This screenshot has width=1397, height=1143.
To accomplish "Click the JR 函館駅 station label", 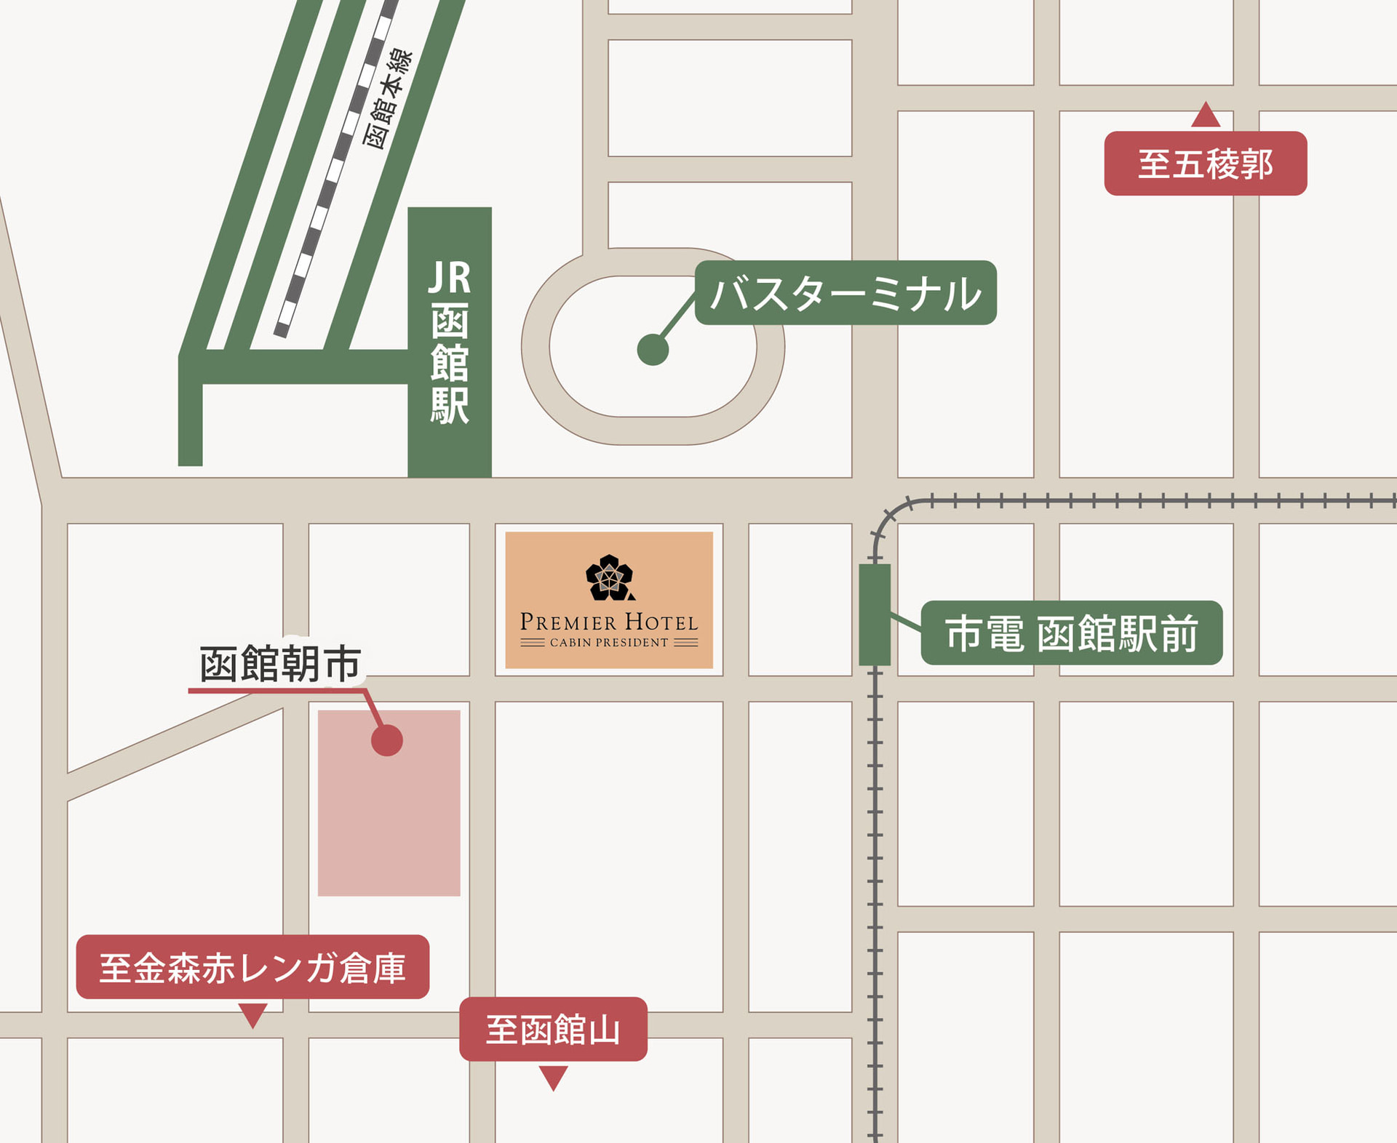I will pyautogui.click(x=450, y=342).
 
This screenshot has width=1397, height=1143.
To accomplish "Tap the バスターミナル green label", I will pyautogui.click(x=845, y=293).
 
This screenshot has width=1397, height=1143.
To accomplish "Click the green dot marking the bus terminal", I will pyautogui.click(x=653, y=350).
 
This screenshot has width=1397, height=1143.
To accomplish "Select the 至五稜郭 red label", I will pyautogui.click(x=1205, y=164).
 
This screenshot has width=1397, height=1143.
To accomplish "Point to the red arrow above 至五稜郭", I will pyautogui.click(x=1206, y=116).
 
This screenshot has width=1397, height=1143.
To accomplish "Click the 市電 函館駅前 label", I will pyautogui.click(x=1071, y=633).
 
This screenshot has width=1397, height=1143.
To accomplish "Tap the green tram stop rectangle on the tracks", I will pyautogui.click(x=875, y=614).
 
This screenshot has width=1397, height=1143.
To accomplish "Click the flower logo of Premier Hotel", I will pyautogui.click(x=610, y=578).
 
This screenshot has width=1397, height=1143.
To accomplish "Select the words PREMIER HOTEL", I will pyautogui.click(x=609, y=622).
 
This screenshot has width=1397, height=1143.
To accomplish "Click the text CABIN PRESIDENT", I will pyautogui.click(x=609, y=643).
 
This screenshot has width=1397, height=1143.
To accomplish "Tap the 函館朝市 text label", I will pyautogui.click(x=280, y=663).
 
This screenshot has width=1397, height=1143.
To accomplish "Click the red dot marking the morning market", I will pyautogui.click(x=386, y=740).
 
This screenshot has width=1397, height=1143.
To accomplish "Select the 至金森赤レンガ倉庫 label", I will pyautogui.click(x=252, y=967).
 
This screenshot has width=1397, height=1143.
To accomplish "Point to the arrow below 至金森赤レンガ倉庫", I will pyautogui.click(x=252, y=1014).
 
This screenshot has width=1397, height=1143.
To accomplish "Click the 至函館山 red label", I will pyautogui.click(x=553, y=1029).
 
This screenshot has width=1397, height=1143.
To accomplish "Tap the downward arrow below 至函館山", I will pyautogui.click(x=553, y=1077).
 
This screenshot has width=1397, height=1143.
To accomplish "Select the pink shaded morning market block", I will pyautogui.click(x=389, y=822).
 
